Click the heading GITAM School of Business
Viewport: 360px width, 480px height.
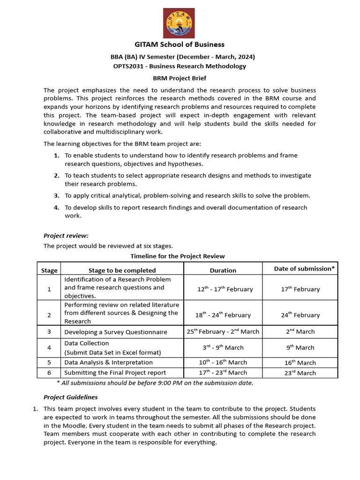coord(180,45)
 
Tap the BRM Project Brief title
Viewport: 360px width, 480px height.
coord(180,78)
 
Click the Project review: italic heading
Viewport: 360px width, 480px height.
coord(66,236)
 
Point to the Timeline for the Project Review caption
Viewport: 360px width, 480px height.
coord(177,256)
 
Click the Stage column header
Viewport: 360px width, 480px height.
coord(49,270)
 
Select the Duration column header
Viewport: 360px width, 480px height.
coord(223,270)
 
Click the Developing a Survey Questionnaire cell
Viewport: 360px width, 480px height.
coord(116,332)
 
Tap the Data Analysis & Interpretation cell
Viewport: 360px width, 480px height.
coord(108,362)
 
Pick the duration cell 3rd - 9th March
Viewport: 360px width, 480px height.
coord(223,347)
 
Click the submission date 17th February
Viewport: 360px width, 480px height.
coord(300,289)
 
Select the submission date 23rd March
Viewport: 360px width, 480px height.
coord(300,373)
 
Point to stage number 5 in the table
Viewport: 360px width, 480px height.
coord(49,362)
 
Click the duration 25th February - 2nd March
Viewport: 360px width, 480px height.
coord(223,331)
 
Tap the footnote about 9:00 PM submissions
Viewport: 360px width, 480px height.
coord(155,383)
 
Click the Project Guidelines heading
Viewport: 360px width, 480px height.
coord(70,397)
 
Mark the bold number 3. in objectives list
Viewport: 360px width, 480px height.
coord(56,195)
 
